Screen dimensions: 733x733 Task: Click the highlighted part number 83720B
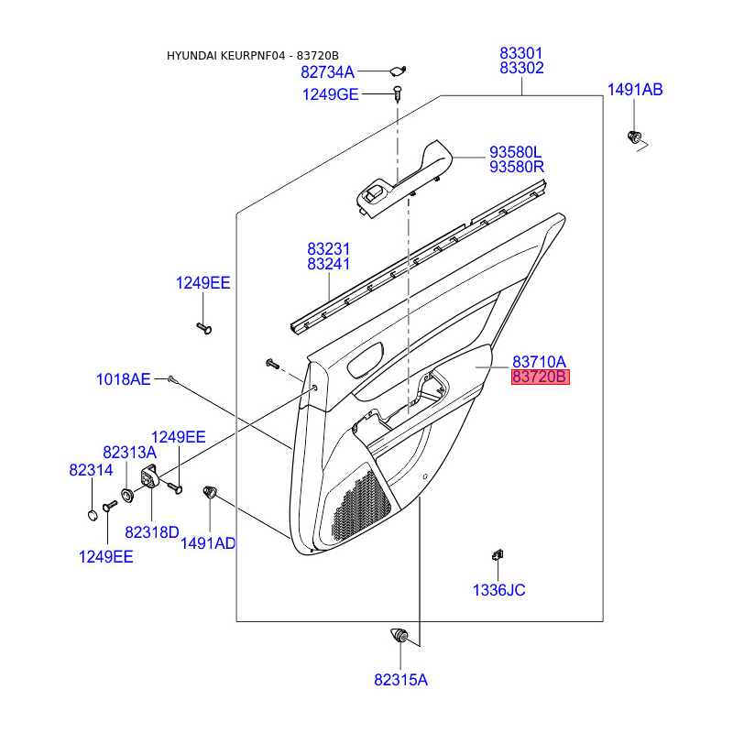pyautogui.click(x=541, y=377)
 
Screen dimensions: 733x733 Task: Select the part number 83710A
pyautogui.click(x=540, y=361)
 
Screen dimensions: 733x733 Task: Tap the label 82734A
pyautogui.click(x=327, y=71)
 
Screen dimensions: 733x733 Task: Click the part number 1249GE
pyautogui.click(x=331, y=94)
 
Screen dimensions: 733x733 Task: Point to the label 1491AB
pyautogui.click(x=635, y=90)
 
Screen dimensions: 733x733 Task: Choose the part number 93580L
pyautogui.click(x=516, y=151)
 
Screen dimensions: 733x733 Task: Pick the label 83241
pyautogui.click(x=329, y=264)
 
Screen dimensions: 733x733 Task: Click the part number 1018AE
pyautogui.click(x=123, y=378)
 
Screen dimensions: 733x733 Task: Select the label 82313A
pyautogui.click(x=129, y=452)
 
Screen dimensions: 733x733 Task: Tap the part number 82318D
pyautogui.click(x=152, y=531)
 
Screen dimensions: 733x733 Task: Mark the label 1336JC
pyautogui.click(x=498, y=590)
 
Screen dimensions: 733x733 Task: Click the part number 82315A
pyautogui.click(x=400, y=680)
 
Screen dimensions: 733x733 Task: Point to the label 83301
pyautogui.click(x=521, y=53)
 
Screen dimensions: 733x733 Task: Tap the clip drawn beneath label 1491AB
pyautogui.click(x=633, y=137)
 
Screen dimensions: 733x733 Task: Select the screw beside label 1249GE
pyautogui.click(x=399, y=92)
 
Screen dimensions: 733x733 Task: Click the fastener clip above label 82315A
pyautogui.click(x=400, y=635)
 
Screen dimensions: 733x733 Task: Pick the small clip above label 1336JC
pyautogui.click(x=497, y=553)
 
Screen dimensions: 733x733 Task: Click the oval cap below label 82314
pyautogui.click(x=92, y=514)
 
